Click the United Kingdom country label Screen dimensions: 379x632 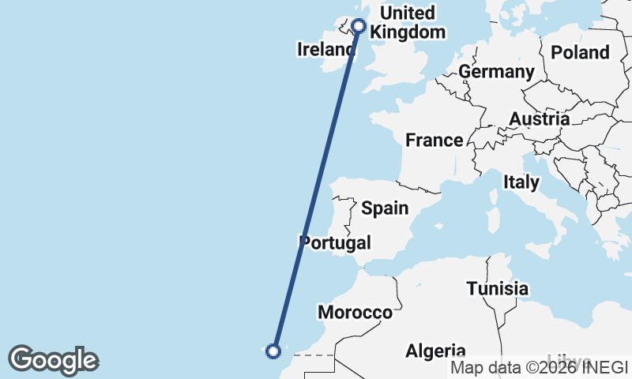pyautogui.click(x=407, y=23)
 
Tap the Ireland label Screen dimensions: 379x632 pyautogui.click(x=325, y=50)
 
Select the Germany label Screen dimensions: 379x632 pyautogui.click(x=496, y=72)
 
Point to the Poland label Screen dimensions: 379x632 pyautogui.click(x=581, y=53)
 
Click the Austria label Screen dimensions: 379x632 pyautogui.click(x=540, y=119)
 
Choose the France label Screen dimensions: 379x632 pyautogui.click(x=434, y=141)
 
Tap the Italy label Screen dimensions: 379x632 pyautogui.click(x=521, y=182)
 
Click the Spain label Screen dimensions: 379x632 pyautogui.click(x=385, y=208)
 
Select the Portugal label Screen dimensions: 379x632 pyautogui.click(x=336, y=242)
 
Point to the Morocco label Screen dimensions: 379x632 pyautogui.click(x=355, y=313)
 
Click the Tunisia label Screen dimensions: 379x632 pyautogui.click(x=497, y=289)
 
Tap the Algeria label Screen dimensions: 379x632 pyautogui.click(x=435, y=351)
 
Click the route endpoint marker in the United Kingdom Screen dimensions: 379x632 pyautogui.click(x=358, y=26)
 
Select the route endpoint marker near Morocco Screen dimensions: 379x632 pyautogui.click(x=274, y=351)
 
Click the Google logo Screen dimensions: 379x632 pyautogui.click(x=53, y=360)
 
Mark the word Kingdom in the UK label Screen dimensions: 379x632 pyautogui.click(x=407, y=32)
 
